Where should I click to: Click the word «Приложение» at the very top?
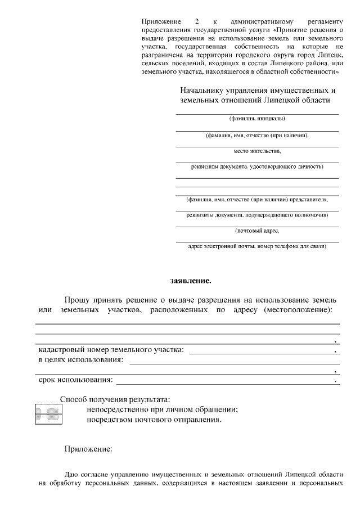(x=159, y=21)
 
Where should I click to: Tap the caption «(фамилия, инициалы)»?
(x=257, y=119)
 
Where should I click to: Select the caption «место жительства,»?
(x=257, y=151)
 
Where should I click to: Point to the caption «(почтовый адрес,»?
(x=257, y=231)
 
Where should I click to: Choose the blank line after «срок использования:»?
(x=225, y=382)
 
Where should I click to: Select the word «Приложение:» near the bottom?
(x=88, y=449)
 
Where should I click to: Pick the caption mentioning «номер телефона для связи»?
(x=257, y=246)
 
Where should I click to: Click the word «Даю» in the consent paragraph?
(x=73, y=474)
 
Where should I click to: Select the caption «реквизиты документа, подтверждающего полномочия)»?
(x=257, y=215)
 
